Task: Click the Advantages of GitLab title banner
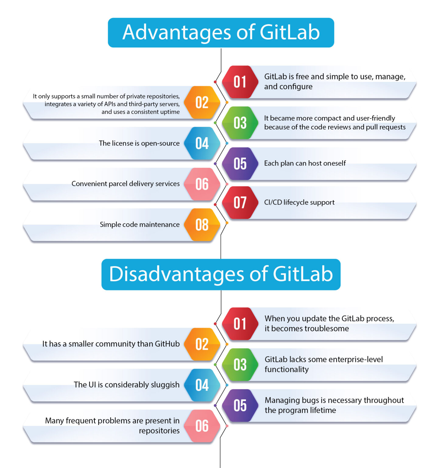click(221, 33)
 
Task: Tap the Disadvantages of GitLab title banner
click(221, 274)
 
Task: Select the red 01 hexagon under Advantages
click(240, 82)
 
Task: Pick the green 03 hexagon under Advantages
click(240, 123)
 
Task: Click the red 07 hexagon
click(240, 203)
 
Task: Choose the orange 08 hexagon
click(202, 225)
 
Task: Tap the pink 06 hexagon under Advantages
click(202, 184)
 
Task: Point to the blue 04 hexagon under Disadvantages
click(202, 385)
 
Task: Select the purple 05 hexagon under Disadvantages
click(240, 406)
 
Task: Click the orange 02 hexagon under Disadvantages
click(202, 344)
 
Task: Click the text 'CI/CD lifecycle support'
click(299, 202)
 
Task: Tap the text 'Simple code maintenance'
click(140, 225)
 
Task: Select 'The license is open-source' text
click(139, 143)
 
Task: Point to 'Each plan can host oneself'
click(305, 163)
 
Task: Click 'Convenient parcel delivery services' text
click(125, 184)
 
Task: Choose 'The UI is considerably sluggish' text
click(126, 385)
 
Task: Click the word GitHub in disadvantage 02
click(167, 344)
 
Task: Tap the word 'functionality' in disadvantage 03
click(287, 370)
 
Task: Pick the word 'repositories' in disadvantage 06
click(159, 431)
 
